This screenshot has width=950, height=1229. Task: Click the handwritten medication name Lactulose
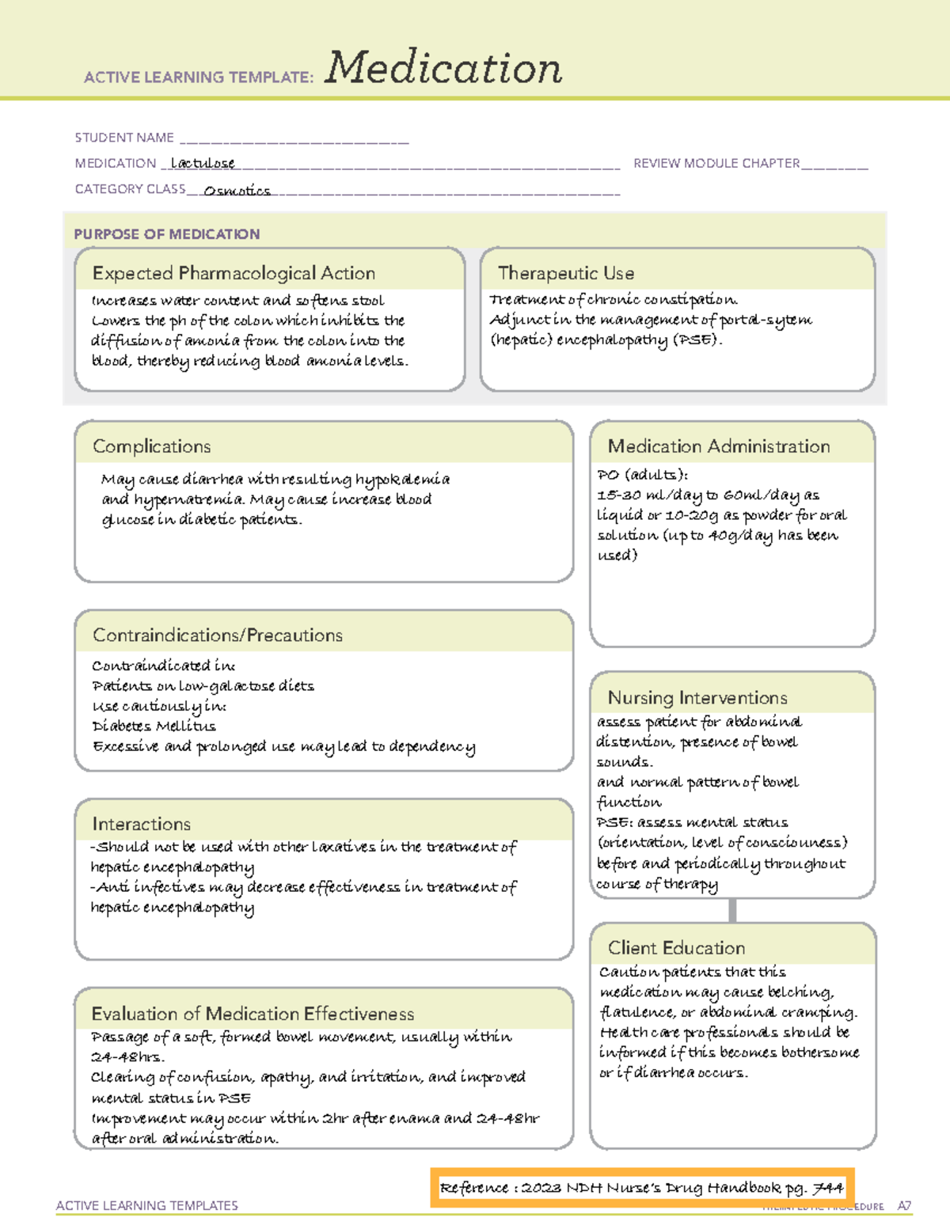203,163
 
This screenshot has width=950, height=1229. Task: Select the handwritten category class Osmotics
237,191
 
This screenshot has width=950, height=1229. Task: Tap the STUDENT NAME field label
124,138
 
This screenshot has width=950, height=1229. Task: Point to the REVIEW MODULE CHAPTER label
716,163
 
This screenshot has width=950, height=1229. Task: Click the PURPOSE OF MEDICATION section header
167,234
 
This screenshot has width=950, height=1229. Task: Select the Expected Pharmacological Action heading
234,273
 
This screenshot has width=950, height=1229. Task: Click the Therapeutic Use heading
566,273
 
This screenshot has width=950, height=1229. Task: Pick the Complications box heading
152,446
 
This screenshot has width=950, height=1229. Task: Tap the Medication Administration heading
719,446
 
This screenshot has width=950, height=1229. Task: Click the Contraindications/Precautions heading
218,635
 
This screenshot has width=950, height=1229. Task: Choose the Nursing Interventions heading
697,697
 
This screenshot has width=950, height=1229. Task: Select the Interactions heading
142,824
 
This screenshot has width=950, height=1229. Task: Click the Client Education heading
676,948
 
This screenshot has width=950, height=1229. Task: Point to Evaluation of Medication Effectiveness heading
253,1014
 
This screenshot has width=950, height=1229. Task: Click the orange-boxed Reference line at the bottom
642,1188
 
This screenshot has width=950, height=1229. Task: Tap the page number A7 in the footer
904,1206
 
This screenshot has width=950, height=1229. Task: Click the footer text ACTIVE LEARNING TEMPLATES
147,1205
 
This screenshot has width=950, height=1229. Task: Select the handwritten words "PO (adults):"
643,475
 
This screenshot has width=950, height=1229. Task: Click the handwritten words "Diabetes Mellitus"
154,726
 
